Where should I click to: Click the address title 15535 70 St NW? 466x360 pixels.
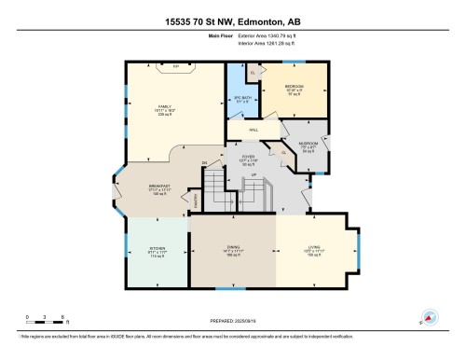[233, 21]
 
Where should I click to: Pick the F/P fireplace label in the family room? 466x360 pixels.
[174, 67]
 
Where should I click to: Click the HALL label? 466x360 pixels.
[254, 130]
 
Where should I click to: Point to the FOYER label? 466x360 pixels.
[249, 156]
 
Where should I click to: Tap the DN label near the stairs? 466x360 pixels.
[204, 164]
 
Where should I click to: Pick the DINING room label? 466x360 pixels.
[234, 246]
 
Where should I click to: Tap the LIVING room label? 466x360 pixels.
[317, 246]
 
